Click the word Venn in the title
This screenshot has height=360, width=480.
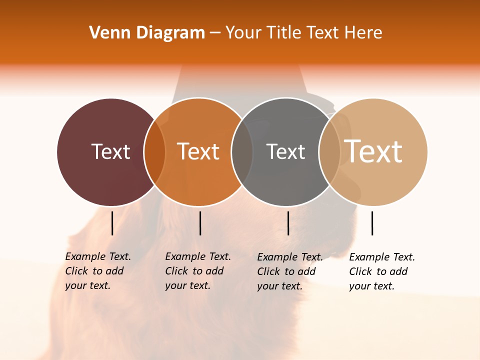click(107, 33)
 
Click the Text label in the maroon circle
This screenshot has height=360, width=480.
click(110, 151)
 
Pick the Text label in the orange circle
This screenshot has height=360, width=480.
click(198, 151)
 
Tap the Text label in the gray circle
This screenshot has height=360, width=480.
click(285, 151)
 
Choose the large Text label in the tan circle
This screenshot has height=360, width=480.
click(373, 151)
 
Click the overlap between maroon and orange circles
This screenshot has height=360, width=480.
click(154, 152)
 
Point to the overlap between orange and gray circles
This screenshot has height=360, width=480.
click(242, 152)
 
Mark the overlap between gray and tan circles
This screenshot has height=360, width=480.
click(329, 152)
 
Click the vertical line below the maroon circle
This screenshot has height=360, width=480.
click(112, 223)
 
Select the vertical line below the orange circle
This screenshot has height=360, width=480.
click(200, 223)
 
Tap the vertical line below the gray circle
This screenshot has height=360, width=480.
click(288, 223)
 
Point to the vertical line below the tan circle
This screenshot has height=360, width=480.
click(372, 223)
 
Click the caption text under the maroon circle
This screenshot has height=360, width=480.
click(97, 271)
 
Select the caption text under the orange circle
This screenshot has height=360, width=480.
click(197, 271)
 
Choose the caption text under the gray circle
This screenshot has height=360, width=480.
click(289, 271)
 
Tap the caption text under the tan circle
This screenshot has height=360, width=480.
click(381, 271)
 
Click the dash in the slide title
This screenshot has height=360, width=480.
click(215, 33)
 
